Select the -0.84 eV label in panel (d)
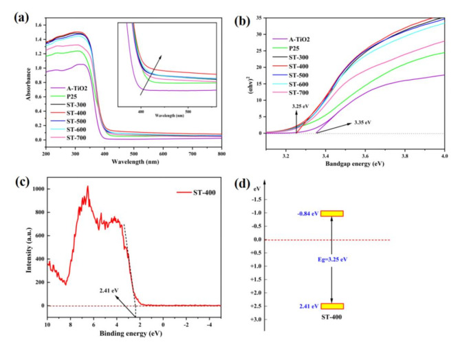[305, 213]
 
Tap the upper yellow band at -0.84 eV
[332, 213]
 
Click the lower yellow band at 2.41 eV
[332, 306]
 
